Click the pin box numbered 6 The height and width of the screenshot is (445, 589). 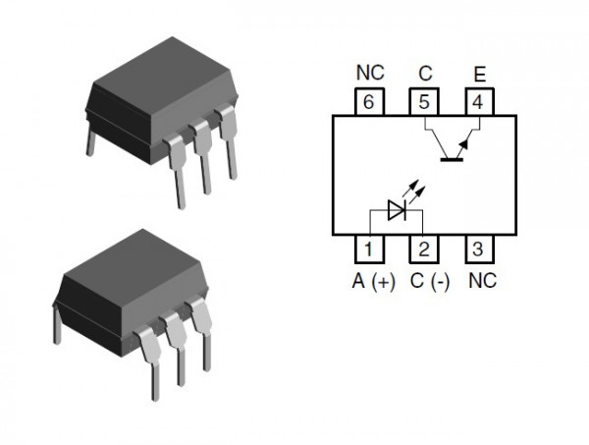[369, 102]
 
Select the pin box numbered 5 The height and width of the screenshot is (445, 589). [424, 102]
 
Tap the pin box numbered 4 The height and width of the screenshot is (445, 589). [479, 102]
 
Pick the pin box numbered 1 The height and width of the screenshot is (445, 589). [369, 249]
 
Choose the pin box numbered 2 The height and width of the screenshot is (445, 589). [424, 249]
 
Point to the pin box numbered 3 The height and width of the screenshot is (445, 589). [479, 249]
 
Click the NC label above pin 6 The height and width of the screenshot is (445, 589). [370, 73]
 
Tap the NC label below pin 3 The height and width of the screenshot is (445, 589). [483, 280]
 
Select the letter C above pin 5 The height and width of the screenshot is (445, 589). [425, 74]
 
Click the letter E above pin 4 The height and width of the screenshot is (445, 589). [480, 75]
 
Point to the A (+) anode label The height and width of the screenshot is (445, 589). [373, 281]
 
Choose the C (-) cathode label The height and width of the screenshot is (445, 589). [430, 281]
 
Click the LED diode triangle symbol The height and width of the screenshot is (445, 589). [397, 210]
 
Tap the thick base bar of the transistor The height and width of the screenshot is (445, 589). [452, 160]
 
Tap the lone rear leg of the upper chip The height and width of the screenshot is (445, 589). [90, 140]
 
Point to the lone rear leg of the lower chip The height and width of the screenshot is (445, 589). [57, 325]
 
